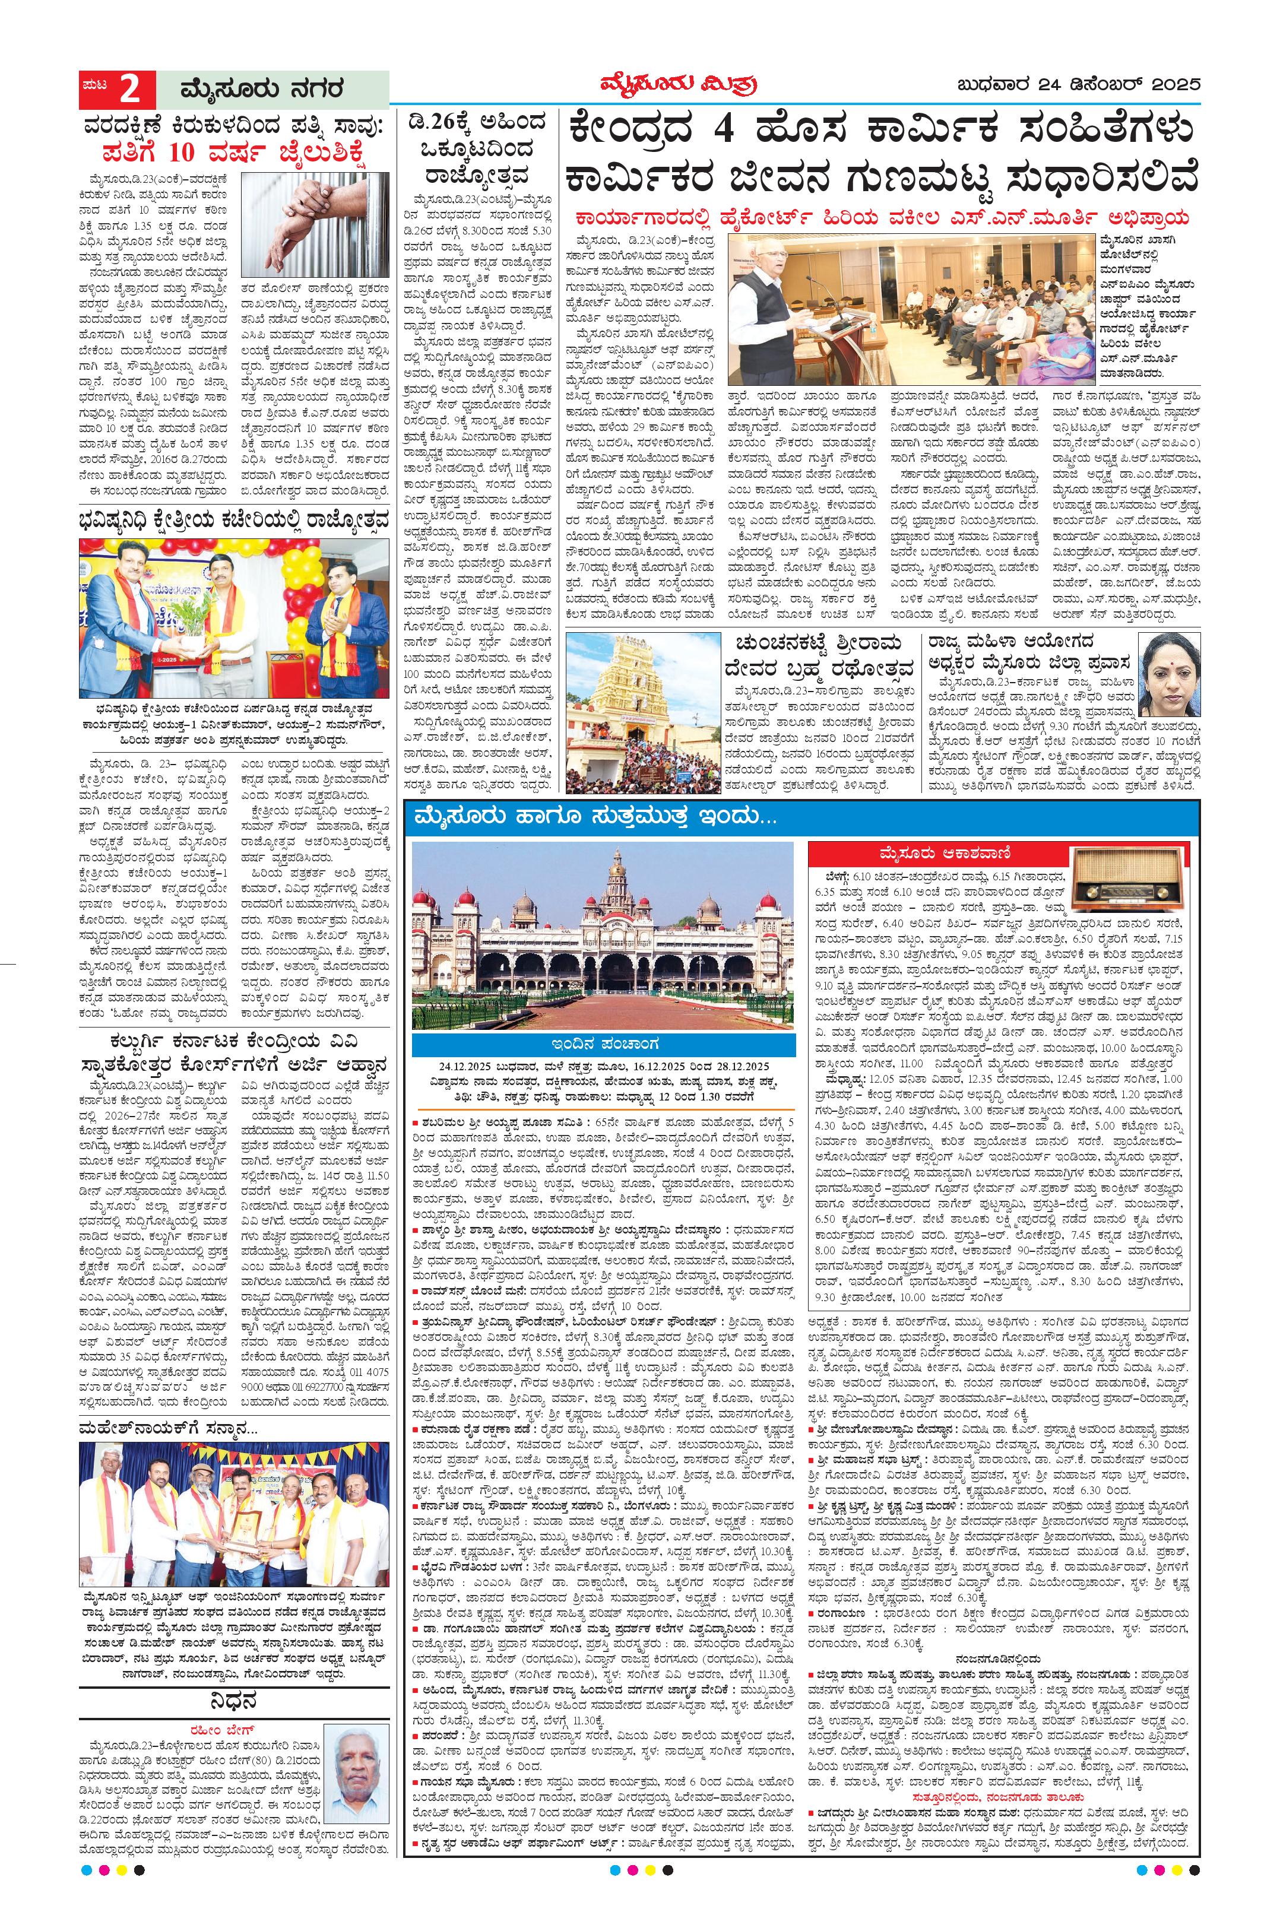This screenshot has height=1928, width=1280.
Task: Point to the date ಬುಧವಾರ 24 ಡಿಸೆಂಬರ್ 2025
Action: (1080, 85)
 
